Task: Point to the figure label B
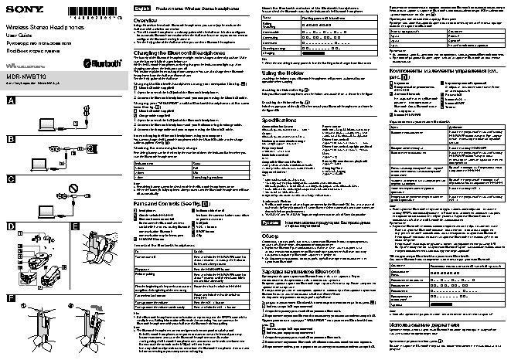[x=10, y=139]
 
